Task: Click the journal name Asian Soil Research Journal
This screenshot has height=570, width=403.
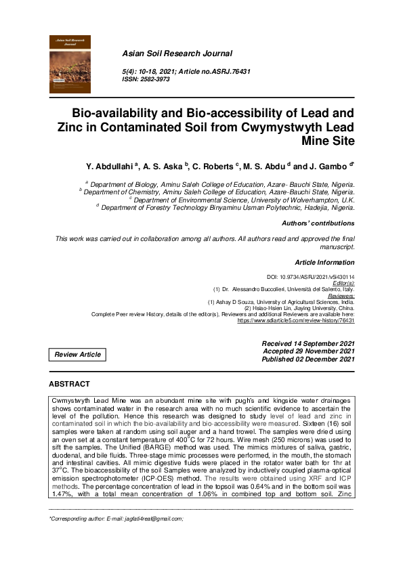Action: pyautogui.click(x=177, y=53)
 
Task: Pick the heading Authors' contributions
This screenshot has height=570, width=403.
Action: pyautogui.click(x=318, y=223)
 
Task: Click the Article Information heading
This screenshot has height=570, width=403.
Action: pyautogui.click(x=324, y=262)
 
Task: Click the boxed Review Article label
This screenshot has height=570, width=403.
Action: pyautogui.click(x=78, y=354)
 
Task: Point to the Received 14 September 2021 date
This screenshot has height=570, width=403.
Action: pyautogui.click(x=308, y=344)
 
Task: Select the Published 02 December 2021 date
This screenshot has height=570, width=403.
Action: pyautogui.click(x=308, y=359)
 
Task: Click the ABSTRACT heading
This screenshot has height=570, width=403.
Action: pyautogui.click(x=69, y=384)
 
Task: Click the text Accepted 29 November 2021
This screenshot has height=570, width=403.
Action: pyautogui.click(x=308, y=351)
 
